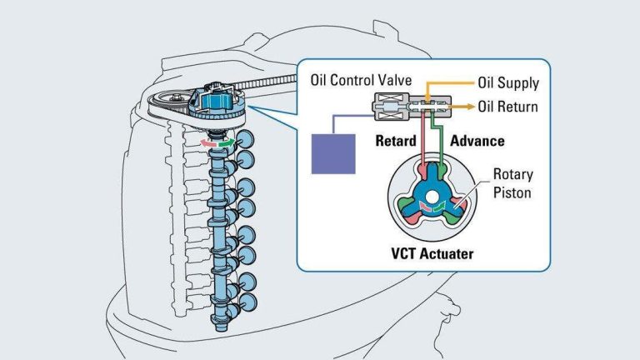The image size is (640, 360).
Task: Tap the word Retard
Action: pyautogui.click(x=394, y=141)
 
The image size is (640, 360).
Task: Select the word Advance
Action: pyautogui.click(x=477, y=141)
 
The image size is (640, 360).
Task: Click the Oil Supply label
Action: pyautogui.click(x=508, y=83)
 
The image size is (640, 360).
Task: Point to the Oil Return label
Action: pyautogui.click(x=507, y=107)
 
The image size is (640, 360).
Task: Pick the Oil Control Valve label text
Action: pyautogui.click(x=361, y=81)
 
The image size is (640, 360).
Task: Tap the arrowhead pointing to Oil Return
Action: pyautogui.click(x=469, y=107)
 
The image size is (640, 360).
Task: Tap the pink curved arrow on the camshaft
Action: pyautogui.click(x=208, y=143)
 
